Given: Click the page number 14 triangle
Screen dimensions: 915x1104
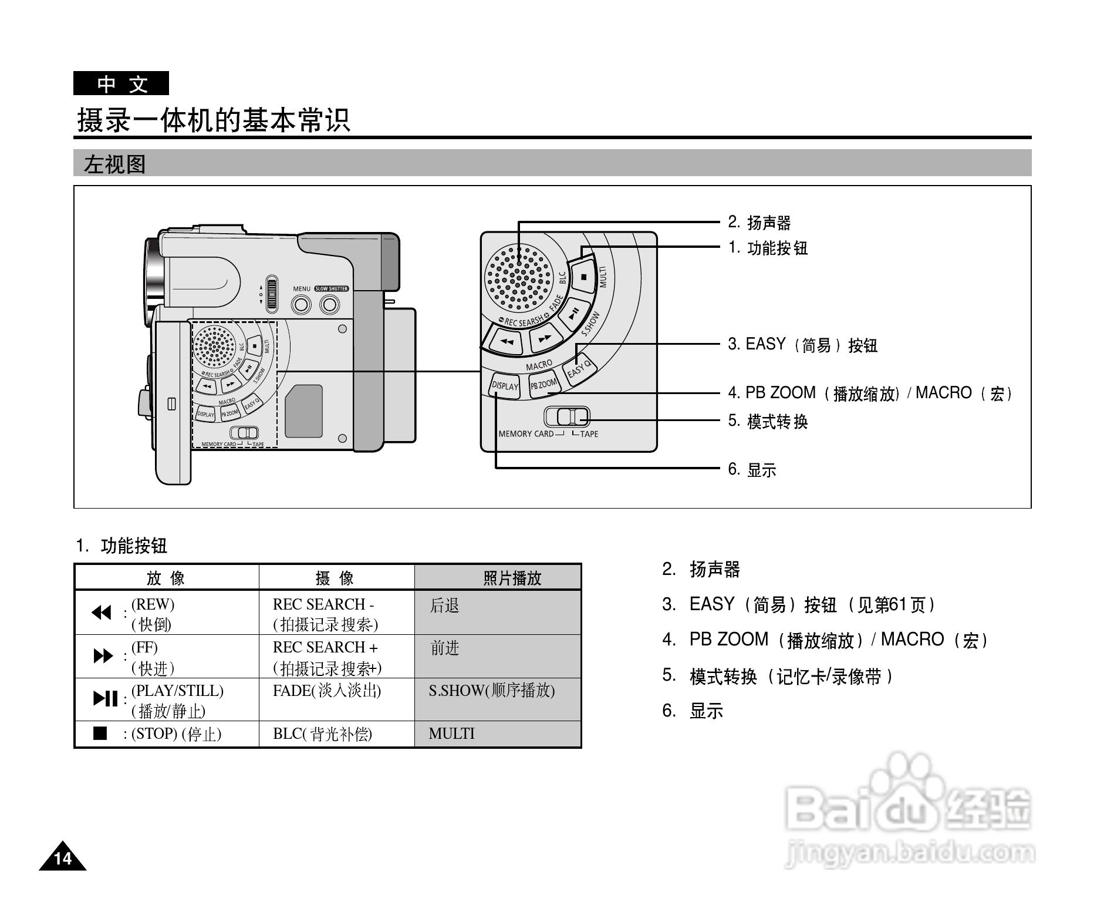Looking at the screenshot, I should [x=62, y=858].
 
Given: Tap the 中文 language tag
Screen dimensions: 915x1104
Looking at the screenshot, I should [x=121, y=83].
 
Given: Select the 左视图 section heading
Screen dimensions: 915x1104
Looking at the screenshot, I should [x=115, y=164].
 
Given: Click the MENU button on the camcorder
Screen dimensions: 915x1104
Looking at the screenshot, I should [x=302, y=304].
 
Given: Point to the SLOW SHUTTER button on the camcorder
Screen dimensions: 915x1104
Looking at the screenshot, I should [x=330, y=304].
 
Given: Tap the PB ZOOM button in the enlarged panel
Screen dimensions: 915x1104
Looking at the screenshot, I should [x=543, y=385].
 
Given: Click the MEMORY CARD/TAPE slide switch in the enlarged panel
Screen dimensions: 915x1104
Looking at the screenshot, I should [x=567, y=417].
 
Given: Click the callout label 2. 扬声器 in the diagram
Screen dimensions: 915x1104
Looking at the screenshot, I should [x=759, y=223].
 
